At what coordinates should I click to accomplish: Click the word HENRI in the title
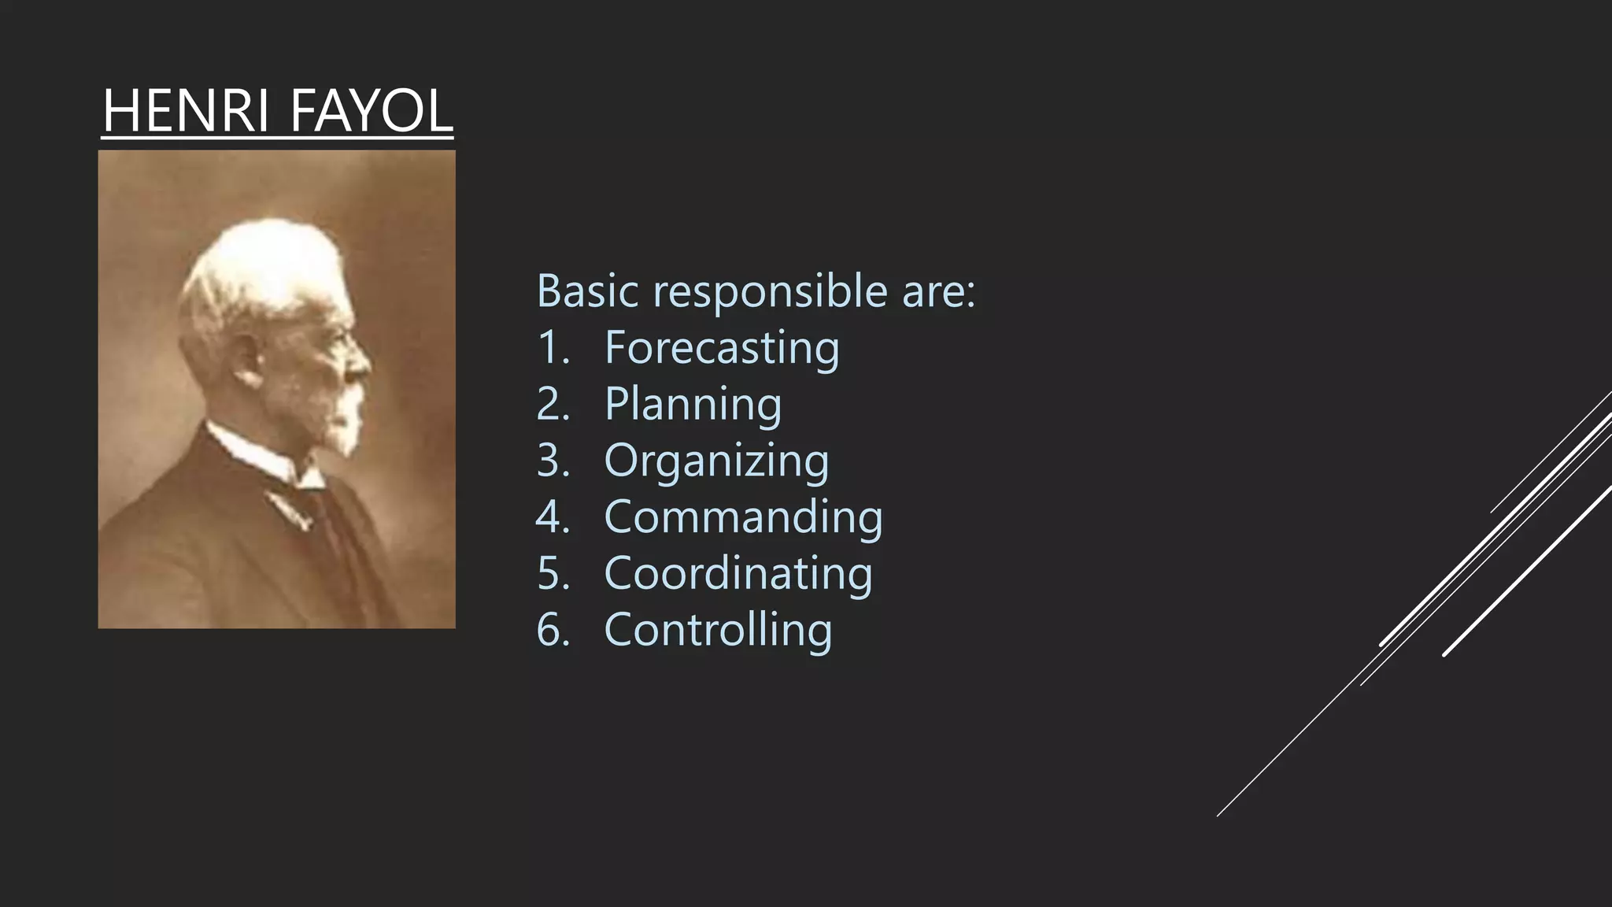[187, 111]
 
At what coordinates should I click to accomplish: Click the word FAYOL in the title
[372, 111]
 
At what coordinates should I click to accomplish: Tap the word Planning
[693, 404]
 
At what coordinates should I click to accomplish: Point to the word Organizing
[715, 461]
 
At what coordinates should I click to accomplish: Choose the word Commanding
[743, 517]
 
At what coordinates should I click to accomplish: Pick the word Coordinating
[738, 573]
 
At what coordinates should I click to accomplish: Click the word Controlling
[717, 630]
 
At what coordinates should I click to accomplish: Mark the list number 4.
[552, 517]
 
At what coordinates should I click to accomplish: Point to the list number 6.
[552, 630]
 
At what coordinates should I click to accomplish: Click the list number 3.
[552, 461]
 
